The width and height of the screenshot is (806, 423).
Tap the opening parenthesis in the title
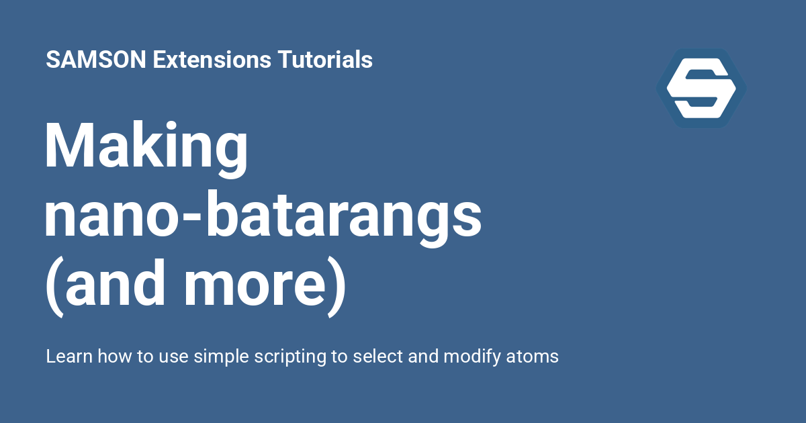click(x=52, y=287)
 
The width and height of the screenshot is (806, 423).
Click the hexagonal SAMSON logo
click(x=701, y=88)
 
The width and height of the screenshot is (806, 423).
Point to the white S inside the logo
click(x=701, y=88)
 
